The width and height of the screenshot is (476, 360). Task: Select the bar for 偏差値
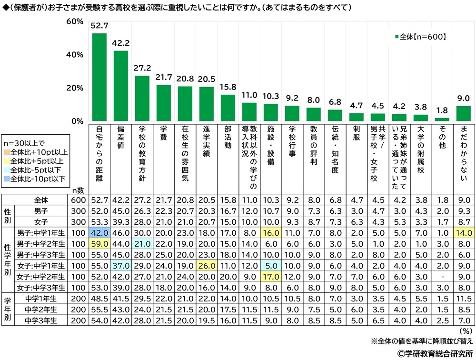point(120,86)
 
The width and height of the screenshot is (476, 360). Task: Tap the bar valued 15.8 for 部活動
point(228,108)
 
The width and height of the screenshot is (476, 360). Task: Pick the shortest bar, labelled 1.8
point(442,120)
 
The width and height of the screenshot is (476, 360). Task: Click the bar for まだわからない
point(464,114)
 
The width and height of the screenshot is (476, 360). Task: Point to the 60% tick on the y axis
point(75,22)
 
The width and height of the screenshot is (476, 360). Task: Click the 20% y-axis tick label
point(75,88)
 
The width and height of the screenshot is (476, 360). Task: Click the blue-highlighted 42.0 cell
point(99,232)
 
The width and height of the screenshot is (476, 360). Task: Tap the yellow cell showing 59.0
point(99,243)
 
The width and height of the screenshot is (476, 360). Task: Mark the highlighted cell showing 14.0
point(464,232)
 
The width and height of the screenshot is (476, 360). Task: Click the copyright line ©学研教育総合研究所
point(434,353)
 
